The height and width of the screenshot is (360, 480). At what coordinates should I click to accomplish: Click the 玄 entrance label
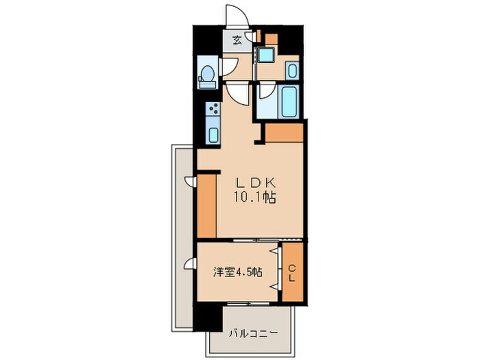coord(236,40)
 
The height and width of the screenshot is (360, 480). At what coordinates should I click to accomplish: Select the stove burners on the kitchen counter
coord(213,110)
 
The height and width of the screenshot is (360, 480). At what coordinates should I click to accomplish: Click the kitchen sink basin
coord(213,134)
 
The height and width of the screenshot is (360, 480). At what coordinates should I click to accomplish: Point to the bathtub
coord(289,101)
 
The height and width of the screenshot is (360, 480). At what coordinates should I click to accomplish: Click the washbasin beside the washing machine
coord(292,69)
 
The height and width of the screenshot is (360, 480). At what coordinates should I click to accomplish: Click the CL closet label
coord(291,273)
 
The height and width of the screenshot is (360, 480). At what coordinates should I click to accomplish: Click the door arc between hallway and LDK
coord(237,92)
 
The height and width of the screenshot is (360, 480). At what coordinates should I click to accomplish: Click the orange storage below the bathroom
coord(283,132)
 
